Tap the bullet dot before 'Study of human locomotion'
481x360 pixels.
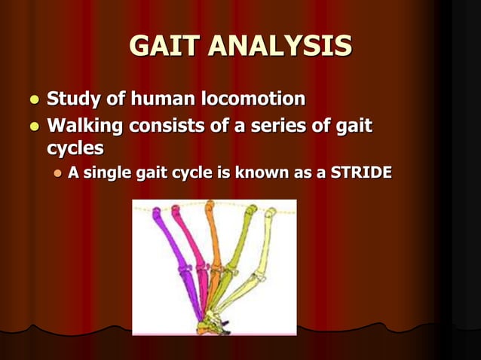click(x=32, y=99)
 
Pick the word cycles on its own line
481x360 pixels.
click(x=74, y=147)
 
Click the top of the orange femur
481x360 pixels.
click(x=210, y=206)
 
